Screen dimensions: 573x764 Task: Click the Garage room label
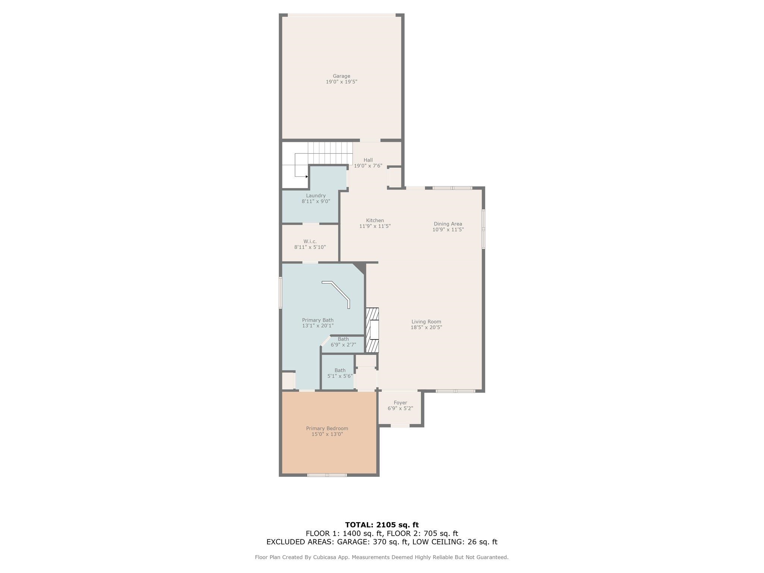(341, 76)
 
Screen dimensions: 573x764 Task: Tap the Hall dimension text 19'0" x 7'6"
(368, 166)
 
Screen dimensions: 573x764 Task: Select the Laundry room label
(316, 195)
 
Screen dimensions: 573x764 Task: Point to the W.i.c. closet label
(310, 241)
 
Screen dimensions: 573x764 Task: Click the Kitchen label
(375, 220)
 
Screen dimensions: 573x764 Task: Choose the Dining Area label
(448, 224)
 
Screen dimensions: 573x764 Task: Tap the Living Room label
(426, 322)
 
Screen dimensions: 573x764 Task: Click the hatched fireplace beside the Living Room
(372, 330)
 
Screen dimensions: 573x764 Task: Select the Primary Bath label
(317, 320)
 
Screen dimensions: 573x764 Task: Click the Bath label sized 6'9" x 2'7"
(343, 339)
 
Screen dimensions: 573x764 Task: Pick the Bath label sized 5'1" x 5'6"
(340, 370)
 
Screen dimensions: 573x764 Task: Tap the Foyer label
(400, 403)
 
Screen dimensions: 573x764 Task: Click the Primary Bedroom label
(327, 428)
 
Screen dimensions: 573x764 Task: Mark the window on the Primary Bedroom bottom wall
(327, 475)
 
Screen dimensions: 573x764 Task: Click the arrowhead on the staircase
(307, 176)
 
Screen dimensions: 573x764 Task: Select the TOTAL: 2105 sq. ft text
(382, 525)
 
